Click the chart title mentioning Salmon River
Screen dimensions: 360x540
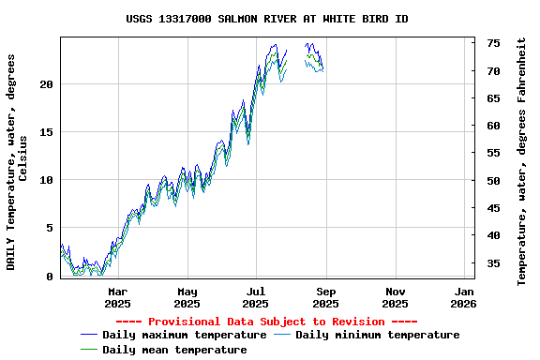(267, 19)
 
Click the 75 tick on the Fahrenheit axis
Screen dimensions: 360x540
(492, 43)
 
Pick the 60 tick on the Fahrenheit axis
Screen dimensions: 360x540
(492, 126)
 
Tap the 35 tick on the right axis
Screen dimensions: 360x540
(492, 263)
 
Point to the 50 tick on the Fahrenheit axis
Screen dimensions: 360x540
(492, 181)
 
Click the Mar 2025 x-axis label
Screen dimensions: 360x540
(117, 297)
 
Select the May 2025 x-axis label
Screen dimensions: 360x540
(187, 297)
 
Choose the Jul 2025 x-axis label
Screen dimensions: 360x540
(256, 297)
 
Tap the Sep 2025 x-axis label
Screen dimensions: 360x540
(325, 297)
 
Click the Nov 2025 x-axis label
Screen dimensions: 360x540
(395, 297)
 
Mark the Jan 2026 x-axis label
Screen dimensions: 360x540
(463, 297)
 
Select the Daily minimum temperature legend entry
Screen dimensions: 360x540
(377, 335)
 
